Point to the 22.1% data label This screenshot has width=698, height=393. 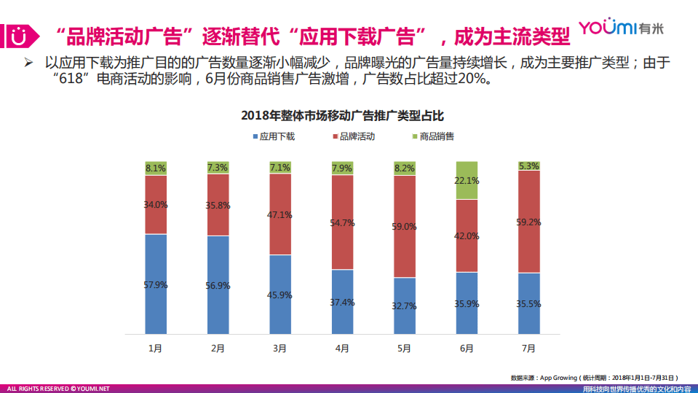[x=467, y=181]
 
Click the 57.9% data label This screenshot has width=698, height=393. [x=156, y=285]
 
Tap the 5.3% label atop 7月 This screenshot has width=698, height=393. [x=529, y=166]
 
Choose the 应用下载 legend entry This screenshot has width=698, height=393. [x=273, y=136]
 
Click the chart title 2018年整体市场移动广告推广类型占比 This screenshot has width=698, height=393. [x=341, y=115]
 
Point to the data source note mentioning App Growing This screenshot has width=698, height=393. [x=593, y=378]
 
